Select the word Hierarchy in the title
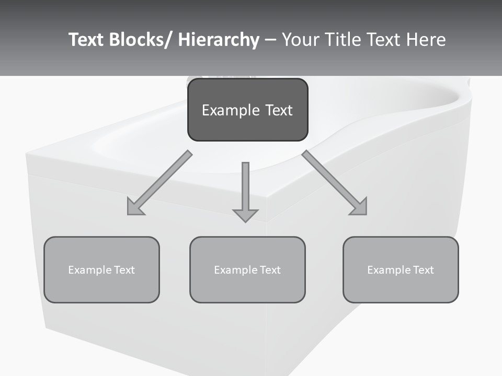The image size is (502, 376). [219, 40]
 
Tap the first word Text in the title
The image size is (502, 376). [87, 40]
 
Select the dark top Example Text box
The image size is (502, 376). [247, 110]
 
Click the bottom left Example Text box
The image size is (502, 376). [101, 270]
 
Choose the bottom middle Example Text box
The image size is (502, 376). [247, 270]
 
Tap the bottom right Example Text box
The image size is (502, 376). [401, 270]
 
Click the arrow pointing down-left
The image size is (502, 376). [159, 183]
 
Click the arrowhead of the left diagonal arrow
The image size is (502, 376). [134, 208]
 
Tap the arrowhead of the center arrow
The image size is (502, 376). [245, 214]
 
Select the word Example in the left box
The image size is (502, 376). [90, 270]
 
